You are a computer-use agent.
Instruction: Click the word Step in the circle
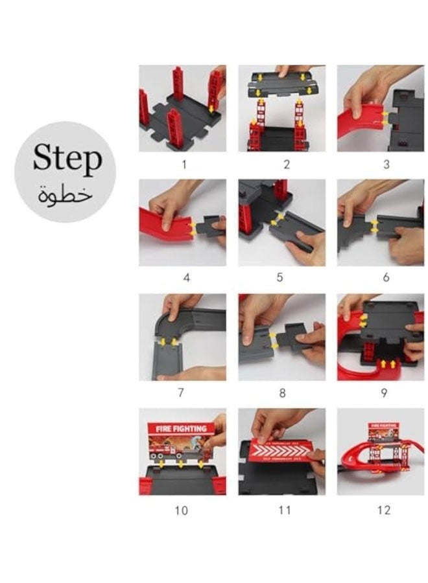pyautogui.click(x=67, y=159)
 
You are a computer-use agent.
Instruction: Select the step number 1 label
pyautogui.click(x=183, y=165)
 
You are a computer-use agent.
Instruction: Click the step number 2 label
pyautogui.click(x=286, y=165)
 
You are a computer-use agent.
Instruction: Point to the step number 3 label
pyautogui.click(x=386, y=165)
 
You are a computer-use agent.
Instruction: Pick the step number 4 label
pyautogui.click(x=187, y=277)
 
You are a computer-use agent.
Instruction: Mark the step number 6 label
pyautogui.click(x=386, y=277)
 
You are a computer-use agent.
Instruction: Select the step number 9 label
pyautogui.click(x=383, y=392)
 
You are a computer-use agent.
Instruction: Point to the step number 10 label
pyautogui.click(x=181, y=510)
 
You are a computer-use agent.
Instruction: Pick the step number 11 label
pyautogui.click(x=284, y=510)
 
